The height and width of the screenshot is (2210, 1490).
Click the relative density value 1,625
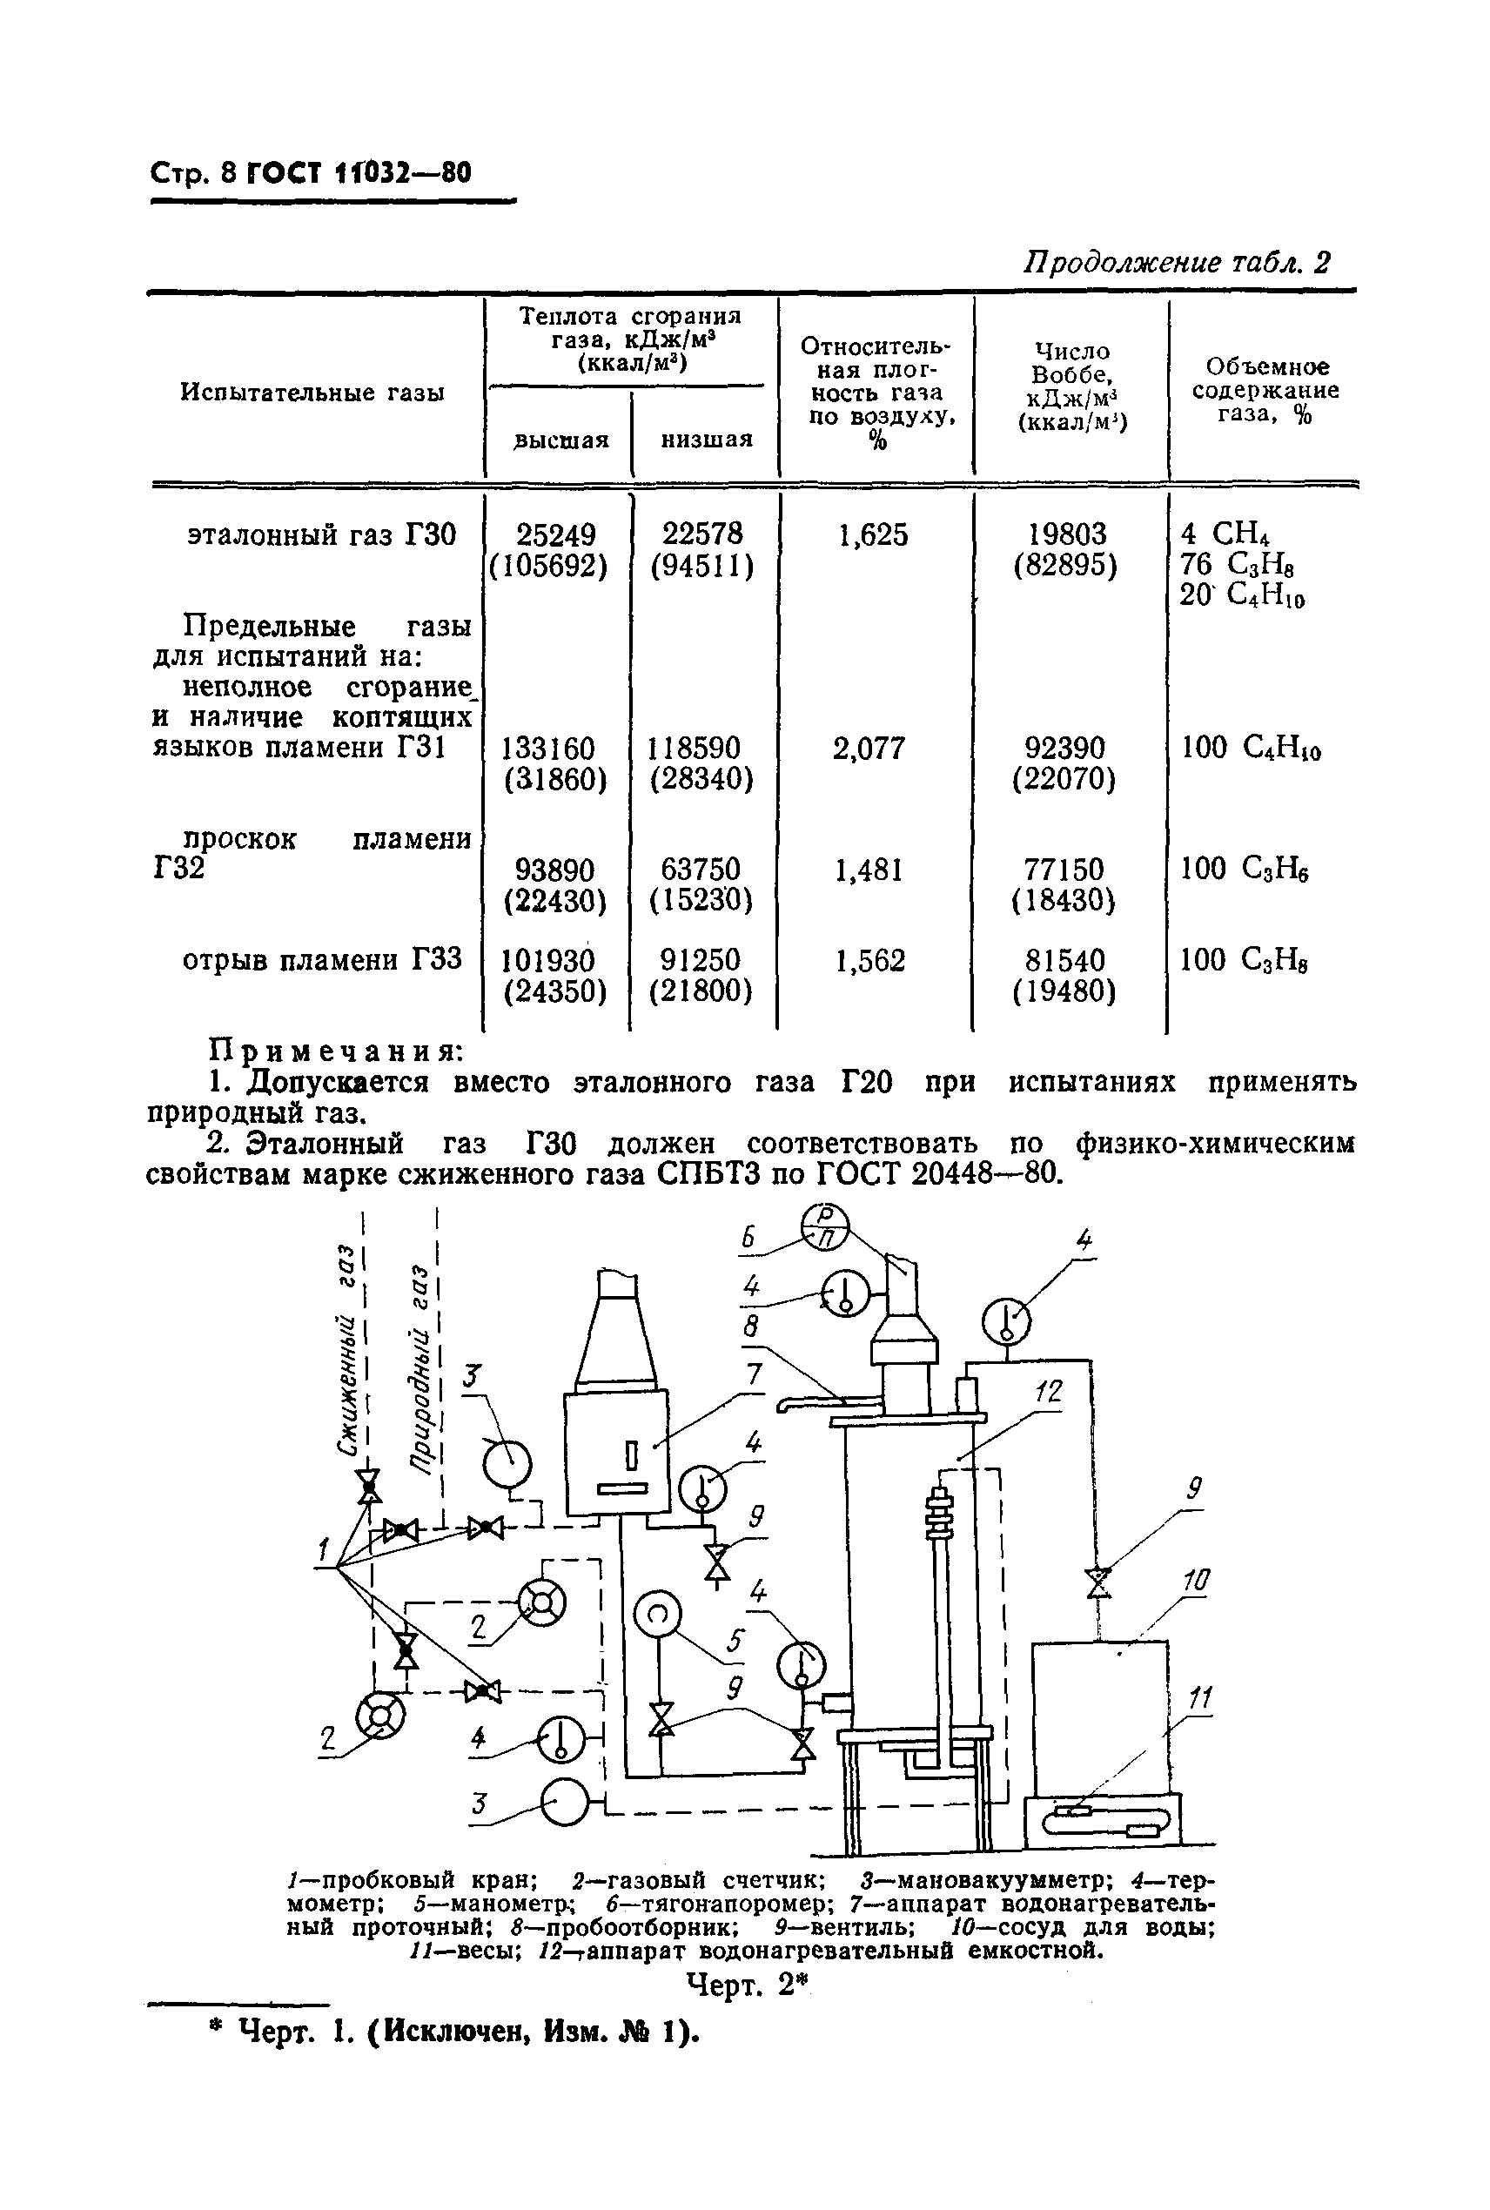pyautogui.click(x=872, y=536)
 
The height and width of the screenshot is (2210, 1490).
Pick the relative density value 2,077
pyautogui.click(x=869, y=748)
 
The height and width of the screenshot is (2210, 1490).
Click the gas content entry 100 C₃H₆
pyautogui.click(x=1244, y=869)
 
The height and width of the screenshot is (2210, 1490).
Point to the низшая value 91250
pyautogui.click(x=701, y=959)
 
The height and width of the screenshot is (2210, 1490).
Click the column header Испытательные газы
pyautogui.click(x=312, y=393)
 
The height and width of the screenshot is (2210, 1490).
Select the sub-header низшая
pyautogui.click(x=706, y=439)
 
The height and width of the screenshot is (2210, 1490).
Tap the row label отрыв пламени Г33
pyautogui.click(x=321, y=959)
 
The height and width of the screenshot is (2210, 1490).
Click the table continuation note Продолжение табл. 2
pyautogui.click(x=1176, y=262)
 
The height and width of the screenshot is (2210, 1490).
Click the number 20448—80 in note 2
pyautogui.click(x=983, y=1174)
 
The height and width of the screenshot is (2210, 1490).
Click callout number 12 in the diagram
pyautogui.click(x=1047, y=1392)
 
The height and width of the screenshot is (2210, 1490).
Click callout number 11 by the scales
pyautogui.click(x=1200, y=1697)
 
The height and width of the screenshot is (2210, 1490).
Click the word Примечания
pyautogui.click(x=335, y=1051)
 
